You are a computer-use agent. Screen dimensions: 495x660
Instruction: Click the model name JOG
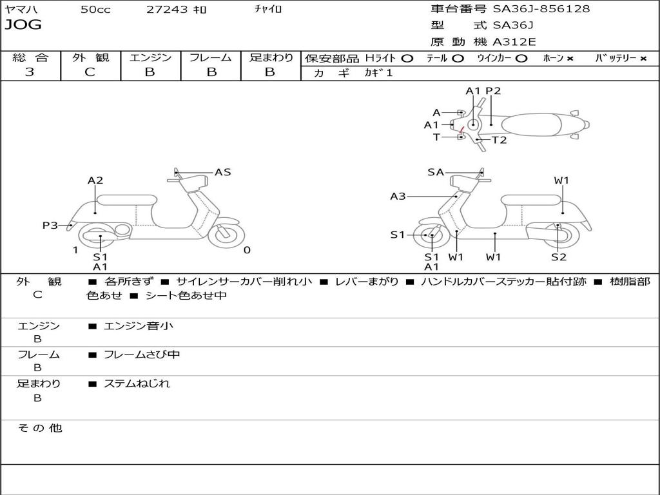(x=23, y=25)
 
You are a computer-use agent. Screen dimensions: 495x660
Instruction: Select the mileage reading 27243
(x=167, y=9)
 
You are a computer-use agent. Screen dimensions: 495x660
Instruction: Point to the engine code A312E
(x=514, y=42)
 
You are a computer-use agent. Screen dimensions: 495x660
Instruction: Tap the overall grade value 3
(x=30, y=72)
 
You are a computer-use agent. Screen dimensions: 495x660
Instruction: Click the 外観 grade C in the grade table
(x=90, y=72)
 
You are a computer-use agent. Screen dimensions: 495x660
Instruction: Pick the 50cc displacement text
(x=95, y=9)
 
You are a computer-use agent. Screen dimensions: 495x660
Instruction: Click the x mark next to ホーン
(x=570, y=58)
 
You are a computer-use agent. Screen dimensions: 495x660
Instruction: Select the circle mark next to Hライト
(x=407, y=58)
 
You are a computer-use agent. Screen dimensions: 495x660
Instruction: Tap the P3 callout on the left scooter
(x=50, y=225)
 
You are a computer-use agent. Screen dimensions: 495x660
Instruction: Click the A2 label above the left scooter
(x=95, y=180)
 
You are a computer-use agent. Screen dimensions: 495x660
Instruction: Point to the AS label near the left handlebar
(x=222, y=172)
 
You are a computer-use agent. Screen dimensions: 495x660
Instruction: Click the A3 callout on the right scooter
(x=398, y=196)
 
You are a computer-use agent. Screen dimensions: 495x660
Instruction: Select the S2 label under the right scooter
(x=558, y=257)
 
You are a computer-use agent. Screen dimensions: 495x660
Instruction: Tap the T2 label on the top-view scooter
(x=499, y=140)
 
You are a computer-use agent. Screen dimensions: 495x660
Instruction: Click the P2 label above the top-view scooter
(x=493, y=91)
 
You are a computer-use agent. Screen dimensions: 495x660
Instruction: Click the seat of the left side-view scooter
(x=127, y=199)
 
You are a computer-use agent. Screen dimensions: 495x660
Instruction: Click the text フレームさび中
(x=142, y=354)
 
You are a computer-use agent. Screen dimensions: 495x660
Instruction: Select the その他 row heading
(x=39, y=428)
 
